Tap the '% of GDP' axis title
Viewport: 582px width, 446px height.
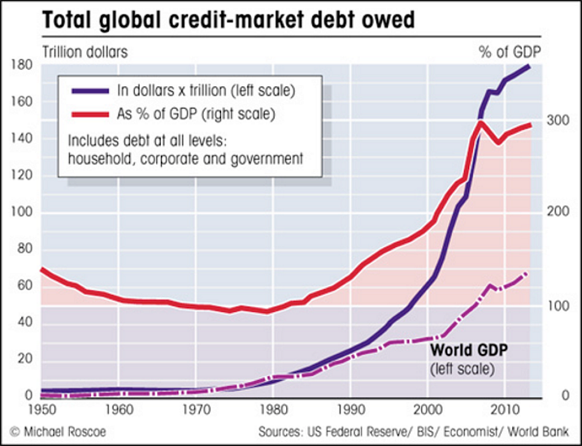tap(510, 52)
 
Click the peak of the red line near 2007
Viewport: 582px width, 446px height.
tap(480, 123)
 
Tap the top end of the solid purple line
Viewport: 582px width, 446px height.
tap(530, 66)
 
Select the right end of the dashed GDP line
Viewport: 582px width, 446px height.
tap(527, 273)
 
